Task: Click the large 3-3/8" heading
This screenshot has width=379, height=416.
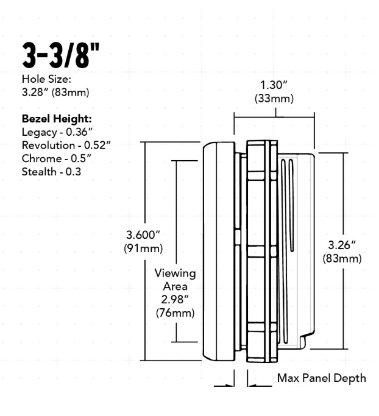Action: click(x=61, y=55)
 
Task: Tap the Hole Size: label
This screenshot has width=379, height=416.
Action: click(x=46, y=79)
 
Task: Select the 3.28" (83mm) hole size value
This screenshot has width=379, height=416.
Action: click(x=55, y=93)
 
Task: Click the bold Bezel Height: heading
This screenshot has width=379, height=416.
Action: click(x=57, y=119)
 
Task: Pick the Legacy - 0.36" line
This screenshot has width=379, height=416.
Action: click(x=57, y=132)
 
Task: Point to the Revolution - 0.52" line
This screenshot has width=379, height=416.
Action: click(x=66, y=145)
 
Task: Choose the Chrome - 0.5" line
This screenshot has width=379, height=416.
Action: click(x=57, y=158)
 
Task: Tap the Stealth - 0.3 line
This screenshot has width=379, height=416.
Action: click(x=52, y=172)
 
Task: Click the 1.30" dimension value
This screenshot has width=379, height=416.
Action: click(x=274, y=85)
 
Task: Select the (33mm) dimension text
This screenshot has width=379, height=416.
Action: click(x=274, y=99)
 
